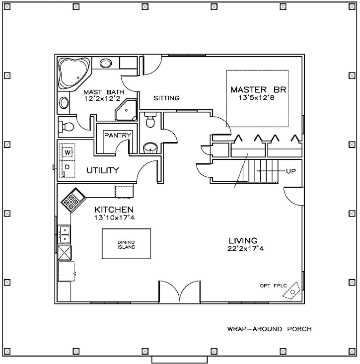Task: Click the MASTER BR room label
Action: click(x=259, y=90)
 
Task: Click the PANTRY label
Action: click(x=117, y=136)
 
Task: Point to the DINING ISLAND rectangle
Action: click(x=127, y=243)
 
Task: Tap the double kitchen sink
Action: click(x=65, y=234)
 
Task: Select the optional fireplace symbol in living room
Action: click(x=293, y=293)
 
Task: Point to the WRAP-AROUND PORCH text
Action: click(x=269, y=329)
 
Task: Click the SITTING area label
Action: click(x=166, y=98)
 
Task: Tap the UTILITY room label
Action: click(x=103, y=171)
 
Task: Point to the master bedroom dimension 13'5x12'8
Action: click(x=258, y=98)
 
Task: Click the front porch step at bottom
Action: click(x=179, y=360)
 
